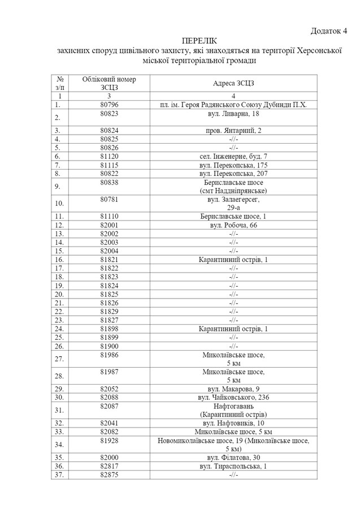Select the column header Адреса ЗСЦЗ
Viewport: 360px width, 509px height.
coord(233,83)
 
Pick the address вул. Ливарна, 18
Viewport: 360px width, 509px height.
coord(233,114)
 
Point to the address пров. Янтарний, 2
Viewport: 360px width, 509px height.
coord(233,130)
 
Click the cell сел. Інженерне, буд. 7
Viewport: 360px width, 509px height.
coord(233,156)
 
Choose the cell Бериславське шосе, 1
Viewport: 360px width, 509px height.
coord(233,217)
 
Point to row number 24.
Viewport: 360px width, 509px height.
coord(59,329)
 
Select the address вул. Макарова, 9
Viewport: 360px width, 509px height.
coord(233,389)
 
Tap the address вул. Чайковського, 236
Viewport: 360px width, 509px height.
coord(233,398)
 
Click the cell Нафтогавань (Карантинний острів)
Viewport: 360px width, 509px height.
coord(233,410)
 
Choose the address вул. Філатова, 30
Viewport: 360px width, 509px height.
coord(233,457)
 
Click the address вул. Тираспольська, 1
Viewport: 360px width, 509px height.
coord(233,465)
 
